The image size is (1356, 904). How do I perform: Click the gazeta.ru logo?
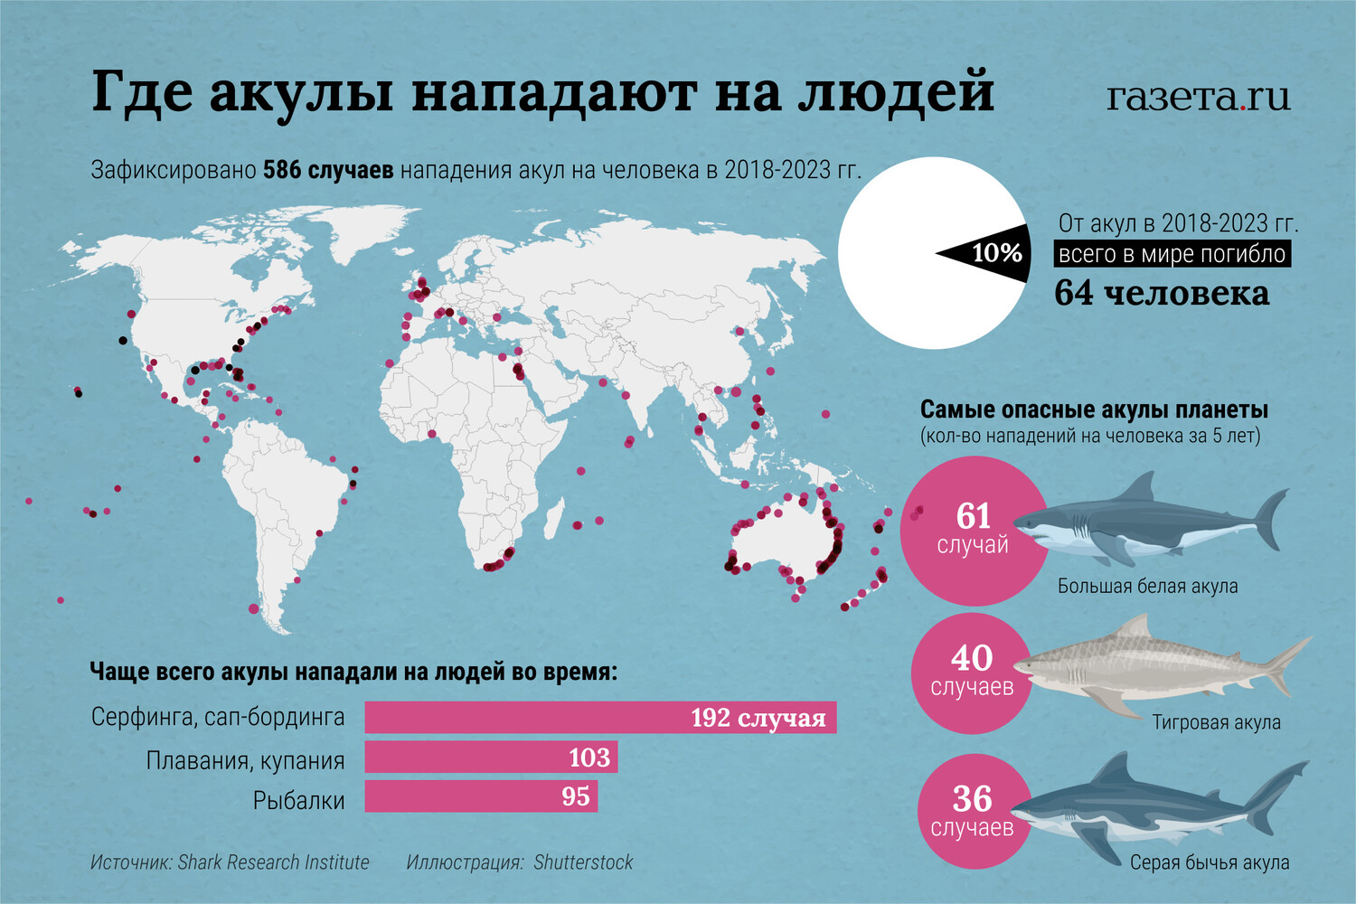click(x=1198, y=96)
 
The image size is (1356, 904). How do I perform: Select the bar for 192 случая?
click(x=599, y=717)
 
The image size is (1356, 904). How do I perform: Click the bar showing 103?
click(x=490, y=758)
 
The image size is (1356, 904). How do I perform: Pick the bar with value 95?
click(x=480, y=796)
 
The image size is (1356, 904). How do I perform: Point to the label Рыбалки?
click(x=298, y=800)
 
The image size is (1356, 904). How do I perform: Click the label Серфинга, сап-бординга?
click(x=218, y=718)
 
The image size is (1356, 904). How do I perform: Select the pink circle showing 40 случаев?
click(x=967, y=673)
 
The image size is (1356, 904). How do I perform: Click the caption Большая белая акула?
click(x=1147, y=586)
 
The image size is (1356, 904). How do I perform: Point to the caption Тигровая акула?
click(x=1216, y=722)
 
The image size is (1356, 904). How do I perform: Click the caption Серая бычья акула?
click(x=1210, y=862)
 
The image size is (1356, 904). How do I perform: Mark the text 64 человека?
click(x=1162, y=293)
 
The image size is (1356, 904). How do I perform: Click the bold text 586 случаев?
click(x=327, y=170)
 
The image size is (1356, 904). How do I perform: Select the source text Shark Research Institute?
click(x=273, y=862)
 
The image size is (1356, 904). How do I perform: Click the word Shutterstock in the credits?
click(x=583, y=862)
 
